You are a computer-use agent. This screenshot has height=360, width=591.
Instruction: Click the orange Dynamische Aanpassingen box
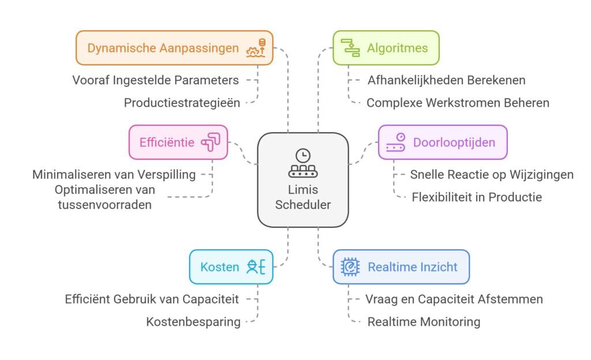coord(174,48)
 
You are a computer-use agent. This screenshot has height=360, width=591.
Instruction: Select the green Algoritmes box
coord(386,48)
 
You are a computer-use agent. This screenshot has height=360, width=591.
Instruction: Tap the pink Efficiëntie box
coord(178,142)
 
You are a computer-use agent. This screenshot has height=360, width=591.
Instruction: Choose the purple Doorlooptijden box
coord(442,142)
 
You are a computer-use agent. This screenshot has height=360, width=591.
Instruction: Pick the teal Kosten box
coord(231,267)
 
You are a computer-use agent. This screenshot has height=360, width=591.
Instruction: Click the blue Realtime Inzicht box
coord(401,267)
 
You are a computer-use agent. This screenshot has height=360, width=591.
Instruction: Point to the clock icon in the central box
coord(302,155)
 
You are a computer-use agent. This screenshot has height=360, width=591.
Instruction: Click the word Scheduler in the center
coord(303,204)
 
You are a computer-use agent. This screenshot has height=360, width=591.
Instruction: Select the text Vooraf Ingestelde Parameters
coord(155,80)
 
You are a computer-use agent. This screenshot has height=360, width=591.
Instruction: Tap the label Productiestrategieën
coord(182,103)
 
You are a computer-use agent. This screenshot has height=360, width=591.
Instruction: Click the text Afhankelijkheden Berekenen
coord(446,80)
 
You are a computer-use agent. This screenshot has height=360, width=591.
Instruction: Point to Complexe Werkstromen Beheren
coord(458,103)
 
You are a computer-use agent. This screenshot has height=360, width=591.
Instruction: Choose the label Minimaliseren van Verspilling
coord(114,174)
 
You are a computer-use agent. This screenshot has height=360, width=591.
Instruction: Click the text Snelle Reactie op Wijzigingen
coord(492,174)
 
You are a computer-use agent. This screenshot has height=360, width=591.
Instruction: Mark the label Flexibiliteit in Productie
coord(477,197)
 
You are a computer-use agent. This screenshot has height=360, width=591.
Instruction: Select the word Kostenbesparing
coord(193,322)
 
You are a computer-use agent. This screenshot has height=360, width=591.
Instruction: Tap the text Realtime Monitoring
coord(424,322)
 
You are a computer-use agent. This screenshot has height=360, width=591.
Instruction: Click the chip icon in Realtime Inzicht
coord(350,267)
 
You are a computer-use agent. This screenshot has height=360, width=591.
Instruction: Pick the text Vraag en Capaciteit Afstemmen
coord(454,299)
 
